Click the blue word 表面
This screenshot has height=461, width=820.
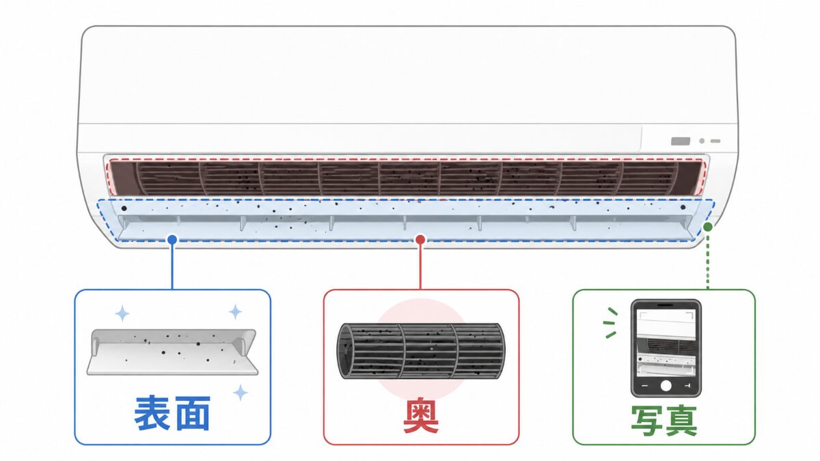[x=172, y=413]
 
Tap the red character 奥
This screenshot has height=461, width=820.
[x=421, y=416]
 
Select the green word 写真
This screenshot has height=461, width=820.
[x=664, y=421]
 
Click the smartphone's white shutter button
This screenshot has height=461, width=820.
[x=666, y=386]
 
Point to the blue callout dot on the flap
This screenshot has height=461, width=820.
[x=172, y=240]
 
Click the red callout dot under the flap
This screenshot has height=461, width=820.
[x=421, y=240]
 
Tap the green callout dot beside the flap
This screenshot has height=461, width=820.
[x=708, y=227]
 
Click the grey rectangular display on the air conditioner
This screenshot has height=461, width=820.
[x=681, y=141]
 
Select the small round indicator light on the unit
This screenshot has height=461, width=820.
[x=702, y=141]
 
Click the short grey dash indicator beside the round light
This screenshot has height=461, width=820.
[x=715, y=141]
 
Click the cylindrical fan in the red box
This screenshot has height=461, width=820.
[x=421, y=351]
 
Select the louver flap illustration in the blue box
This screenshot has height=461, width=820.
[x=172, y=352]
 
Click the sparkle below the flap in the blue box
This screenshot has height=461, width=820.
[x=241, y=392]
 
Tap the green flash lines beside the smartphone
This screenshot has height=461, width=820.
[x=610, y=322]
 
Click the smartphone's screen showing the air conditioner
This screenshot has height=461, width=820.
[x=666, y=343]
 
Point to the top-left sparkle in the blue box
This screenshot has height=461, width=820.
[x=122, y=314]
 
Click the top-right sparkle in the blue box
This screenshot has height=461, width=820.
[x=235, y=311]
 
